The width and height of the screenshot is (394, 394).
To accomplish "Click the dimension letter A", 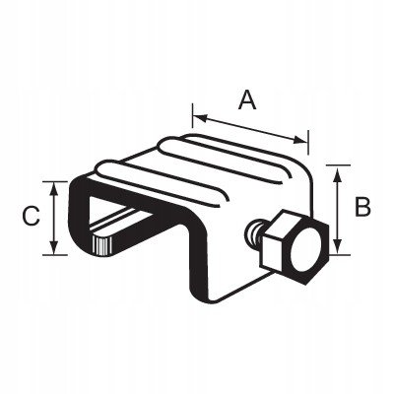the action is pos(247,100).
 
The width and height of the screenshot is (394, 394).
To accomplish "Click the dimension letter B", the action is pos(362,207).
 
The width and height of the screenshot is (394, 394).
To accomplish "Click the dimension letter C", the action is pos(31,217).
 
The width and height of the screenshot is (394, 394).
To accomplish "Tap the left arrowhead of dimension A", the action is pos(200,118).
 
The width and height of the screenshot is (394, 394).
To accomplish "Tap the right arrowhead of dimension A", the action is pos(300,140).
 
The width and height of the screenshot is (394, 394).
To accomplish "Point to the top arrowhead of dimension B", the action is pos(338,173).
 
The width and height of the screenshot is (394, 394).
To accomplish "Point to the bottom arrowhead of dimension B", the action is pos(338,246).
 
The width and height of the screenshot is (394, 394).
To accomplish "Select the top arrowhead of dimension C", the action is pos(54,189).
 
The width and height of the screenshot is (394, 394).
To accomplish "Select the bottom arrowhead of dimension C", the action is pos(54,247).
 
